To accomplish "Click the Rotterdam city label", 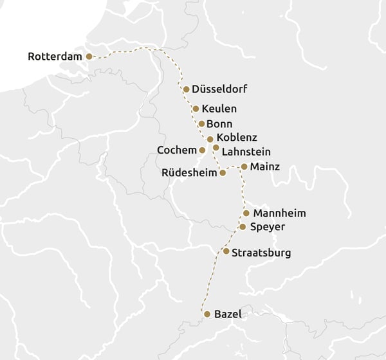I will [x=55, y=57].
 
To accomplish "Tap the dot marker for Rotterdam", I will [x=89, y=57].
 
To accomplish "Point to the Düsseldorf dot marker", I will [x=186, y=89].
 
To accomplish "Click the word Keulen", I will [x=219, y=109].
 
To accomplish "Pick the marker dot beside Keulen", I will [x=196, y=109].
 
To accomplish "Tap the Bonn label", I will [x=220, y=123].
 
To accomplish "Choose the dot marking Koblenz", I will [x=210, y=139].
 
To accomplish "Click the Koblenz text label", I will [x=237, y=138].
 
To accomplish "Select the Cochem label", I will [x=176, y=150].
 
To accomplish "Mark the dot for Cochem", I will [x=202, y=150].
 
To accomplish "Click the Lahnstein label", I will [x=246, y=152].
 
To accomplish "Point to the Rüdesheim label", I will [x=188, y=172].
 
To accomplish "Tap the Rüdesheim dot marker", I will [x=223, y=173].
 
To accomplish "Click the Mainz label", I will [x=265, y=166].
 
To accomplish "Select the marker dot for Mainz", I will [x=244, y=166].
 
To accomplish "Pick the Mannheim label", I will [x=279, y=213].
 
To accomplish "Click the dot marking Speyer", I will [x=243, y=227].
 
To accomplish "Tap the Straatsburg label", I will [x=261, y=253].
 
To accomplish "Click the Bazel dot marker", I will [x=207, y=314].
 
